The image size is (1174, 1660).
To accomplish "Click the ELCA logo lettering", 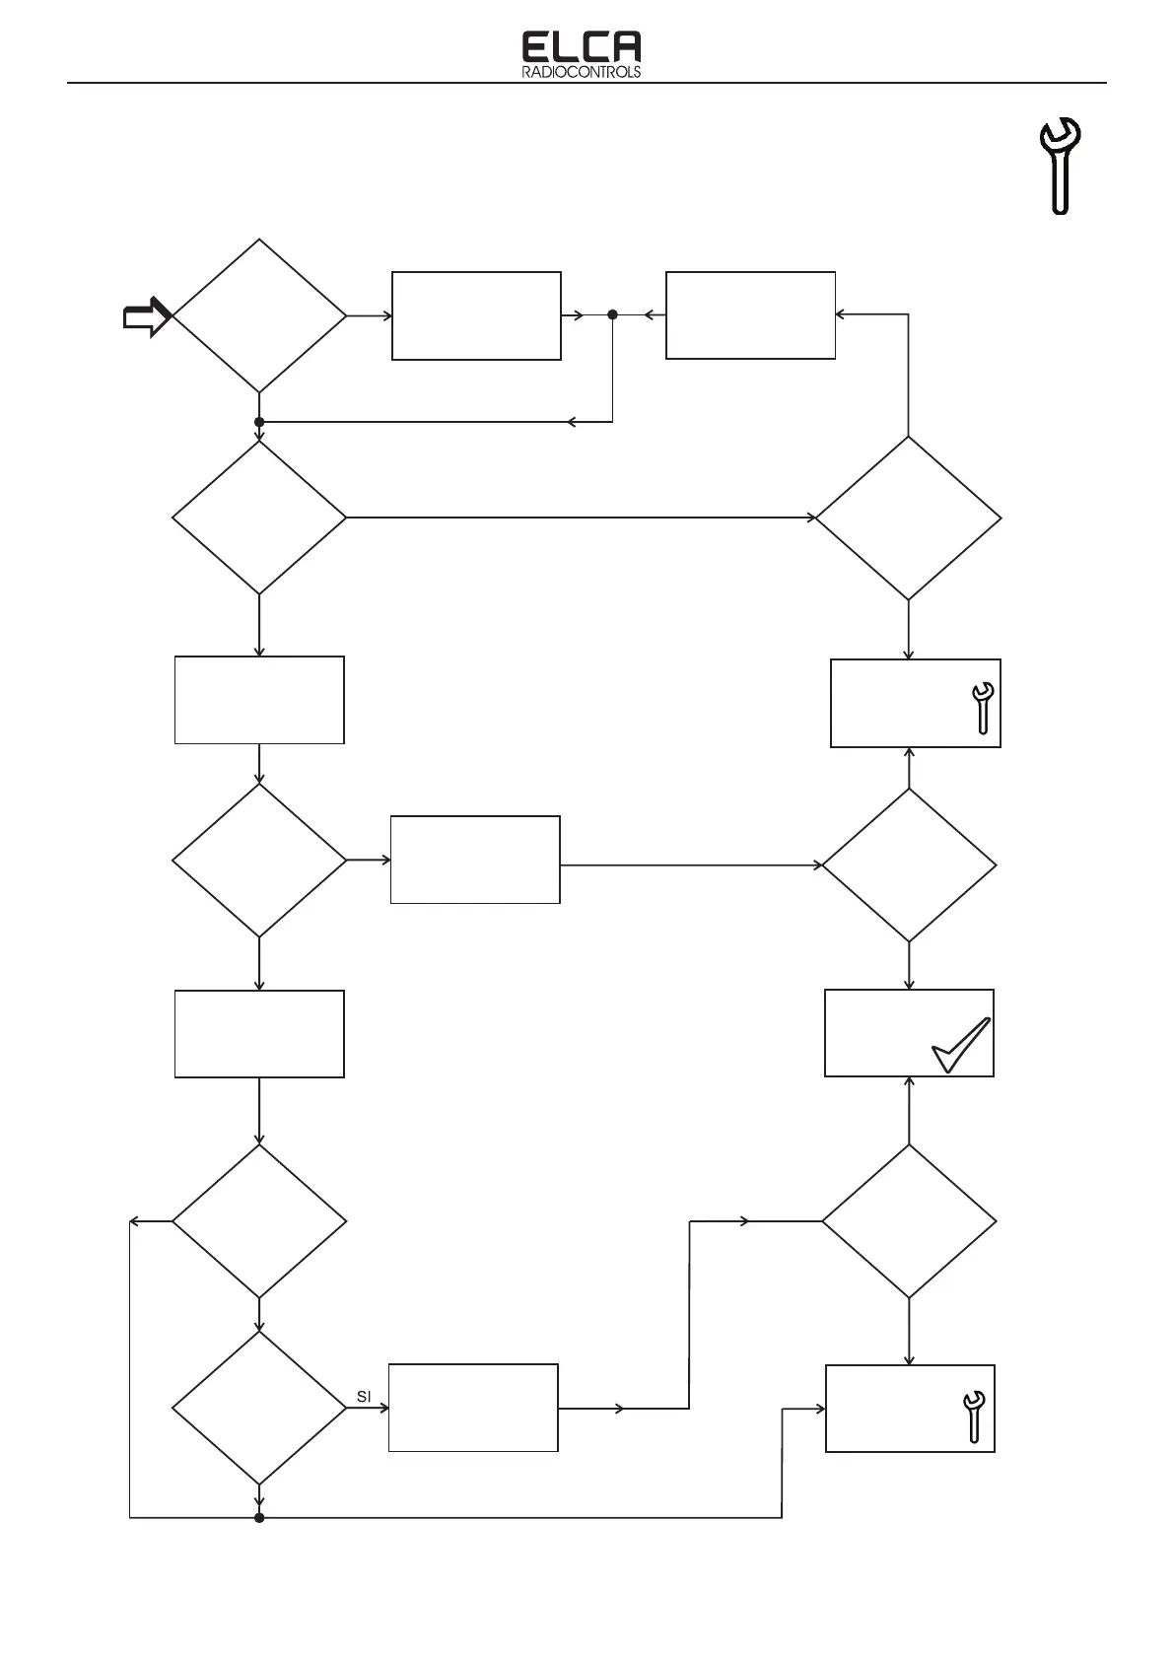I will click(x=581, y=47).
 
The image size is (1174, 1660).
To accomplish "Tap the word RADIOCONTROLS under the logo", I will click(x=581, y=72).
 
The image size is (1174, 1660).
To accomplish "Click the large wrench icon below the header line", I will click(x=1061, y=166).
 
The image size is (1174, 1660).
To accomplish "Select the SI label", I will click(x=364, y=1397).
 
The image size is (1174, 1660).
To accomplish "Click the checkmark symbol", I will click(x=960, y=1046).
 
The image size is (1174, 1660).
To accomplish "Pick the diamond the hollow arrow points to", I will click(x=259, y=316).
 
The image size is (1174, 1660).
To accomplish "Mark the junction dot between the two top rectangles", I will click(x=612, y=315).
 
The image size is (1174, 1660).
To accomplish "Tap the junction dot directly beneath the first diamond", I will click(x=259, y=422).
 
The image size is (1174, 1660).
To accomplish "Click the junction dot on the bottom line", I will click(x=259, y=1517).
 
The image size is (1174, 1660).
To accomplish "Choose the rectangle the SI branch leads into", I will click(x=473, y=1408).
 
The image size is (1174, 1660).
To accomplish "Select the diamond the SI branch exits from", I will click(x=259, y=1408).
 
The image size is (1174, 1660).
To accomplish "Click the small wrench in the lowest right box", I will click(x=973, y=1416).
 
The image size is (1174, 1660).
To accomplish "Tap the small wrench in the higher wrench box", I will click(x=982, y=708).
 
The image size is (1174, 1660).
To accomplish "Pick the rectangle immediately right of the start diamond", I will click(x=476, y=316).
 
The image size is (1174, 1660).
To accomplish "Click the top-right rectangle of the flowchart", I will click(x=750, y=315).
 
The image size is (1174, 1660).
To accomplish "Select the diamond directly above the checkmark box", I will click(x=909, y=865).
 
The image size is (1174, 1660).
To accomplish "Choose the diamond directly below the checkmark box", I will click(x=909, y=1221).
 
